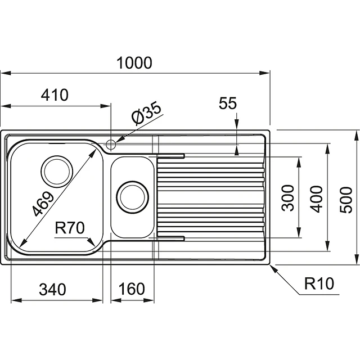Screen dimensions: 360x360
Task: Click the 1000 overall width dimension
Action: click(134, 63)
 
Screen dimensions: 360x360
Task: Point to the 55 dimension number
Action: click(228, 103)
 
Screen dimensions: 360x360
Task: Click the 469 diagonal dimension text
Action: click(43, 203)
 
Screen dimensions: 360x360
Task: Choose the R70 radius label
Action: click(70, 228)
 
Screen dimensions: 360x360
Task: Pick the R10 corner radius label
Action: click(319, 283)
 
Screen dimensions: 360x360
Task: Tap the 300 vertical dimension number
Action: click(288, 197)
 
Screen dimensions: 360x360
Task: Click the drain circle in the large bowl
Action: click(57, 171)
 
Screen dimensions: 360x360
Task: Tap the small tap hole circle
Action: click(111, 144)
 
